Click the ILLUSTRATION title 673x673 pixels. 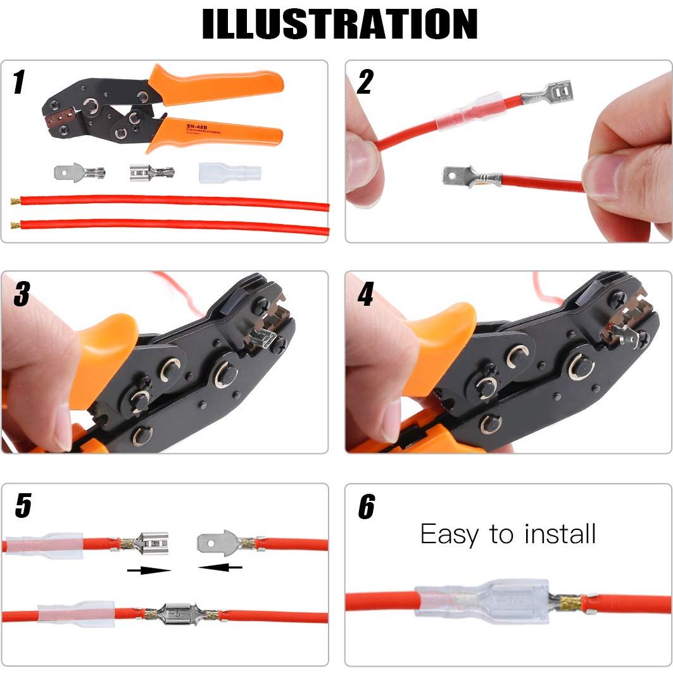pos(339,24)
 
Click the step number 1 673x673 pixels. pos(20,82)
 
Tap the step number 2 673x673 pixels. pos(365,82)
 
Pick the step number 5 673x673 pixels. pos(23,506)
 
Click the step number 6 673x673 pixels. pos(367,506)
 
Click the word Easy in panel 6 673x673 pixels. pos(449,535)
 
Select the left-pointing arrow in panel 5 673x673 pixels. pos(220,567)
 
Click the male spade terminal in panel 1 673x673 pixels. pos(79,171)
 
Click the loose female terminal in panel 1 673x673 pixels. pos(151,172)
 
